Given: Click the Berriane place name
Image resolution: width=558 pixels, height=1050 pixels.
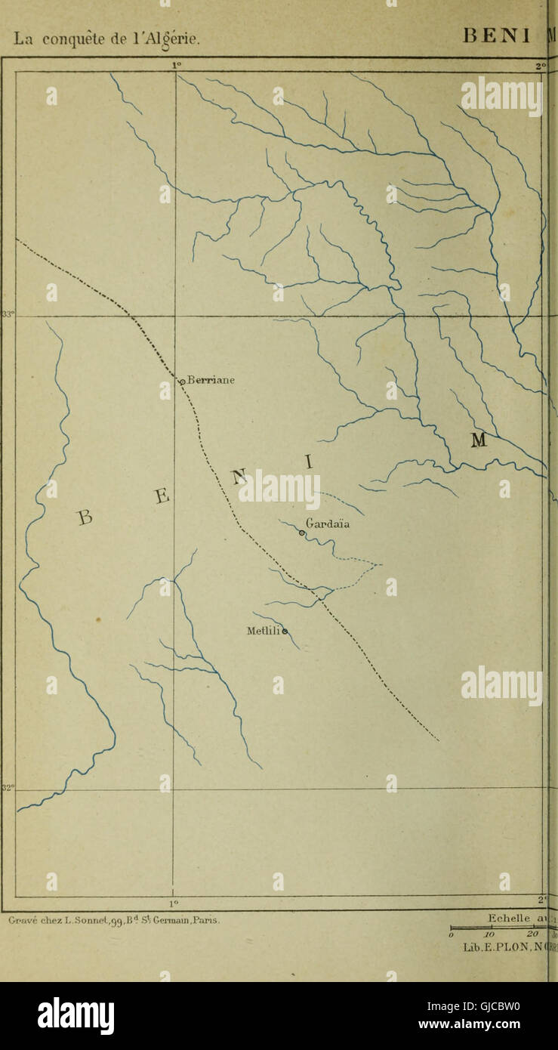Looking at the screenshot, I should tap(211, 380).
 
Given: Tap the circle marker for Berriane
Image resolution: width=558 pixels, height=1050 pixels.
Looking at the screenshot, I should tap(182, 382).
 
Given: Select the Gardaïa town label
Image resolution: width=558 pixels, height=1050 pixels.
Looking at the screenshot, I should tap(328, 523).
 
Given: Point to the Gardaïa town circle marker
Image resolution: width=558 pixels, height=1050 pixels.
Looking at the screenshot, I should tap(302, 533).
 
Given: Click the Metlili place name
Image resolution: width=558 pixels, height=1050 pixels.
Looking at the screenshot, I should tap(263, 630).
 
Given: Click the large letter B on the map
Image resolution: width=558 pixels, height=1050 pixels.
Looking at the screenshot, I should tap(85, 517).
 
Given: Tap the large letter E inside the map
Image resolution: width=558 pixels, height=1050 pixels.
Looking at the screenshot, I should tap(163, 496).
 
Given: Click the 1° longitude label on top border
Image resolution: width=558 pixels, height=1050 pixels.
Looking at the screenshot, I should tap(176, 66).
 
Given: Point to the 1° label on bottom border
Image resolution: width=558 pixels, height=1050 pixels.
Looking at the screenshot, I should tap(173, 901).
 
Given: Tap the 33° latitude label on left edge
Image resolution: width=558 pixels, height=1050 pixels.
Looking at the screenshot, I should tap(8, 315).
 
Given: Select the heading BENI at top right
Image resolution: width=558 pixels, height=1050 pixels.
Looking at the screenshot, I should tap(497, 35).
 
